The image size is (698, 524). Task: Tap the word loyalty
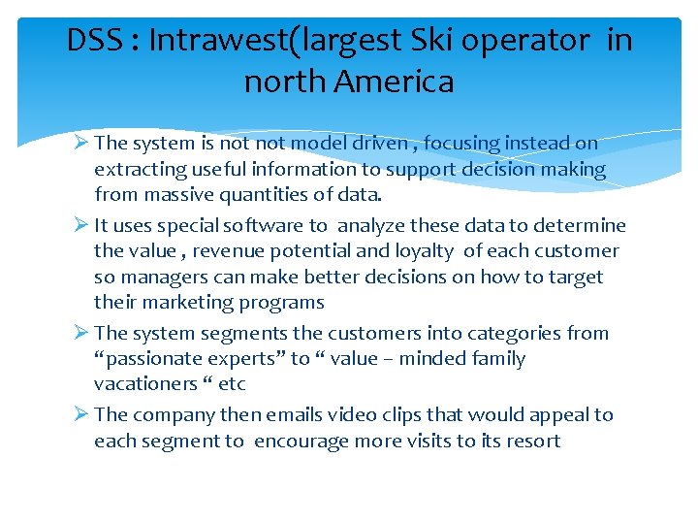tap(422, 251)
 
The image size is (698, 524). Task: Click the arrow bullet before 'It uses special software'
tap(81, 226)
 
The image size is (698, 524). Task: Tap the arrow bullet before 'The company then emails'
tap(81, 415)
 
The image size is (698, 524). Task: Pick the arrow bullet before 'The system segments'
tap(81, 334)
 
